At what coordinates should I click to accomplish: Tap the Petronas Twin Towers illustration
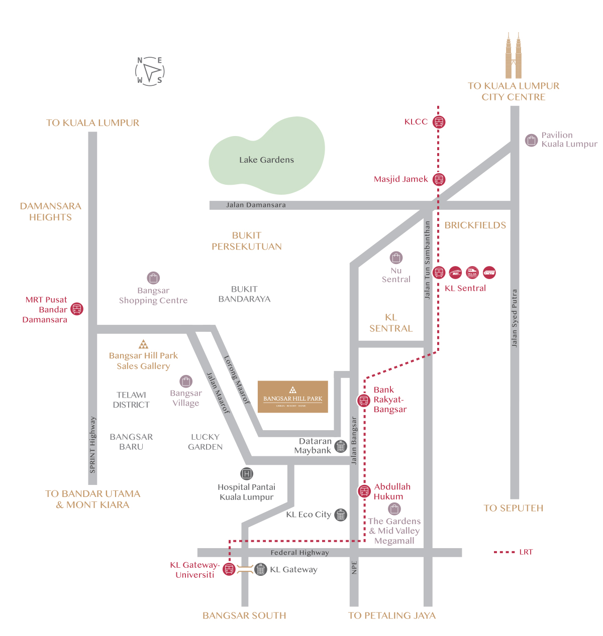(513, 56)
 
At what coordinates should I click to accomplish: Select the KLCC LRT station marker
(439, 122)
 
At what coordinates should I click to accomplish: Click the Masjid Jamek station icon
(439, 179)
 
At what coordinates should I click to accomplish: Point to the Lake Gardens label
(266, 160)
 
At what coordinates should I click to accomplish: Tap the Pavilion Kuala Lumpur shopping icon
(531, 140)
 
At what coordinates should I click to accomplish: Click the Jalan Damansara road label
(256, 205)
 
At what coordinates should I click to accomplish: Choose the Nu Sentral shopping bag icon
(396, 258)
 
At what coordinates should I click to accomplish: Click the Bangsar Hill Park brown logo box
(293, 397)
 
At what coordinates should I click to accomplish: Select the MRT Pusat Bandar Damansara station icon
(76, 309)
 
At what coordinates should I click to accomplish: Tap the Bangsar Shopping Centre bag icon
(153, 278)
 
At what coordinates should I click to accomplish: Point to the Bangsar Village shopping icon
(186, 381)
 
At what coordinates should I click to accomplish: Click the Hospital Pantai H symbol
(246, 473)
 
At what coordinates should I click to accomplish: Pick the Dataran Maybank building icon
(341, 446)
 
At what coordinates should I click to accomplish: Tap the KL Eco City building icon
(341, 515)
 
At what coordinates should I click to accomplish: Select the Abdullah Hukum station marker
(364, 491)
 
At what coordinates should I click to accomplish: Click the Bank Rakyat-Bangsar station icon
(364, 400)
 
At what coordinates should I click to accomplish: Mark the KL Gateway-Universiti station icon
(229, 569)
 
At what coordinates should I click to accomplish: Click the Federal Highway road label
(299, 553)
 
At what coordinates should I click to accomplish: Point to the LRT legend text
(526, 552)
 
